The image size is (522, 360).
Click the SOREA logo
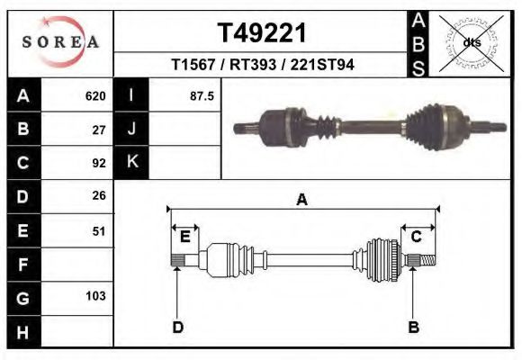pyautogui.click(x=60, y=43)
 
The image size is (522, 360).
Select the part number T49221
pyautogui.click(x=263, y=33)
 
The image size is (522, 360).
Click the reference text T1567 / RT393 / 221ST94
pyautogui.click(x=263, y=65)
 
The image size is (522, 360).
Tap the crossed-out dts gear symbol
pyautogui.click(x=472, y=42)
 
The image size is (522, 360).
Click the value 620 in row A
pyautogui.click(x=95, y=96)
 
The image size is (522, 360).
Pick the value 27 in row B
pyautogui.click(x=100, y=130)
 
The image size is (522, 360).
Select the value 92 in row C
pyautogui.click(x=100, y=163)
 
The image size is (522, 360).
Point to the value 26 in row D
pyautogui.click(x=100, y=196)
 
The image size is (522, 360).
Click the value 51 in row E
pyautogui.click(x=100, y=230)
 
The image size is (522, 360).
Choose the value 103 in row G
pyautogui.click(x=95, y=296)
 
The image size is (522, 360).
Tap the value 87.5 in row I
pyautogui.click(x=202, y=96)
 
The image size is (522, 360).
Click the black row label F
pyautogui.click(x=22, y=265)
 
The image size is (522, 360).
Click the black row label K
pyautogui.click(x=131, y=163)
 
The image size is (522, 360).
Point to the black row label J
pyautogui.click(x=131, y=130)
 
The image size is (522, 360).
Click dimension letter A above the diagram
pyautogui.click(x=302, y=200)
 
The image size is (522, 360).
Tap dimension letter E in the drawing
pyautogui.click(x=184, y=237)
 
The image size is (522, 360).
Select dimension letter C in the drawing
pyautogui.click(x=417, y=237)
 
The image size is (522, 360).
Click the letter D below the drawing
pyautogui.click(x=177, y=327)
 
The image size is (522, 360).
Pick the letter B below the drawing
pyautogui.click(x=413, y=327)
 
